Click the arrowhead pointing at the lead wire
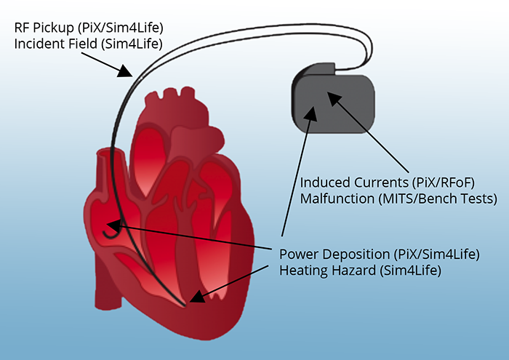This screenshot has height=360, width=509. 126,73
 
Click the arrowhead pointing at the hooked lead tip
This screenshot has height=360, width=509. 113,225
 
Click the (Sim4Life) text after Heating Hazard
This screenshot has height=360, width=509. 417,271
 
